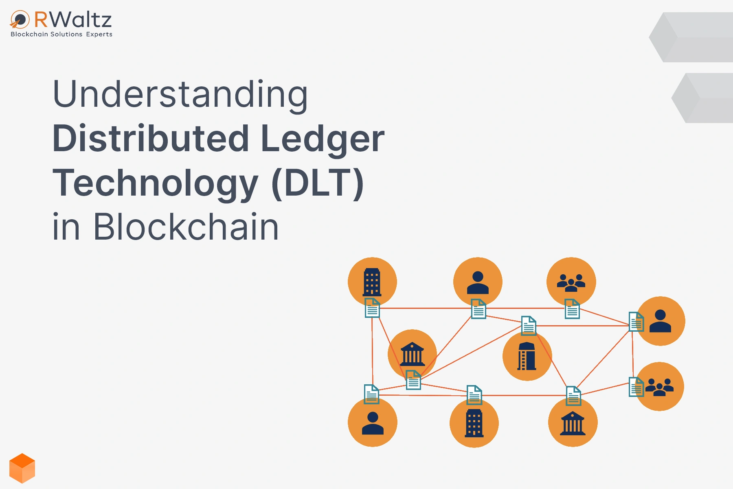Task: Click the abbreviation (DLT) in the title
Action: (x=318, y=183)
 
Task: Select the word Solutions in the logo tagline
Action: (x=66, y=34)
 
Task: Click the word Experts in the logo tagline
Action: (x=99, y=34)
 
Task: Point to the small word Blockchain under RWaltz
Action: (x=29, y=34)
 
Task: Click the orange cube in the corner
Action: (x=22, y=468)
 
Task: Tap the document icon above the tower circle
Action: (x=529, y=326)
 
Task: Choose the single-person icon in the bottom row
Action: (x=373, y=423)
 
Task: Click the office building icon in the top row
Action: (x=372, y=282)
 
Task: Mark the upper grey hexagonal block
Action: (x=691, y=37)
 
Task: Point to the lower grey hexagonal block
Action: (x=702, y=98)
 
